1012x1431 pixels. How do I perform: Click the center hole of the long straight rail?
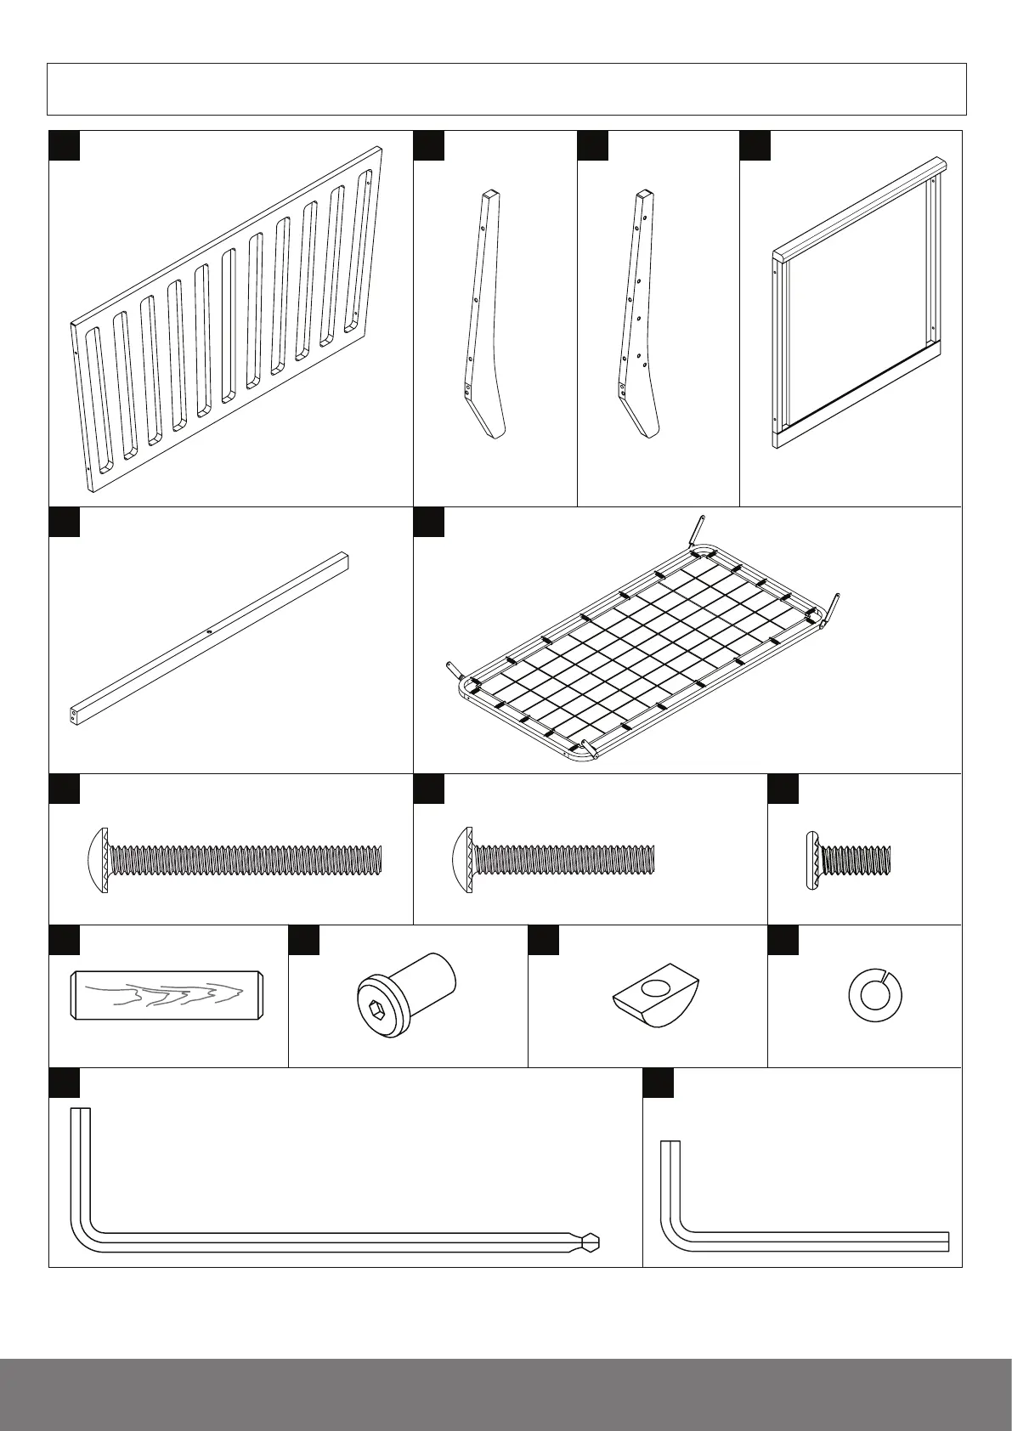[209, 631]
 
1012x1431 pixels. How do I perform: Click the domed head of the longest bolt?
[95, 860]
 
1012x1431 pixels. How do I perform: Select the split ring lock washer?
[875, 994]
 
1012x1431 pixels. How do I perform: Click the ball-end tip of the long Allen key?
[592, 1242]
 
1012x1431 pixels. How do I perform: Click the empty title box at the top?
[506, 88]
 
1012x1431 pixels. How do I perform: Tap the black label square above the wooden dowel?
[65, 940]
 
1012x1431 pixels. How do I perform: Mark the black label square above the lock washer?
[783, 940]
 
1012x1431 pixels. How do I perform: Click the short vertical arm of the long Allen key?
[81, 1164]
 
